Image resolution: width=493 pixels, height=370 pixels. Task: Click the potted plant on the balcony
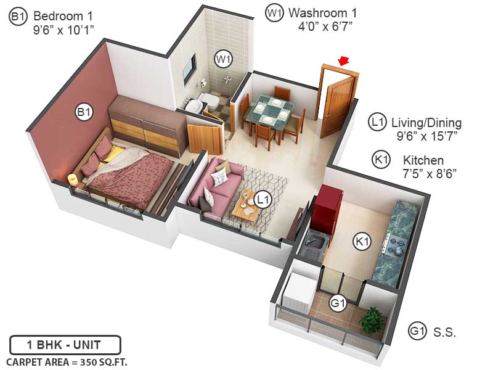pyautogui.click(x=372, y=320)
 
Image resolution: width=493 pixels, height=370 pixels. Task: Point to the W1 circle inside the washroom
pyautogui.click(x=223, y=60)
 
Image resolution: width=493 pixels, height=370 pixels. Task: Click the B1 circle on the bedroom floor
pyautogui.click(x=84, y=112)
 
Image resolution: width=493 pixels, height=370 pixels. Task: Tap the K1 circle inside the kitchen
pyautogui.click(x=362, y=242)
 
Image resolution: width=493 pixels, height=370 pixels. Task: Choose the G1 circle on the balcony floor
pyautogui.click(x=337, y=303)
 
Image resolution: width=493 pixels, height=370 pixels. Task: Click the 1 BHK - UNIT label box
pyautogui.click(x=65, y=344)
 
